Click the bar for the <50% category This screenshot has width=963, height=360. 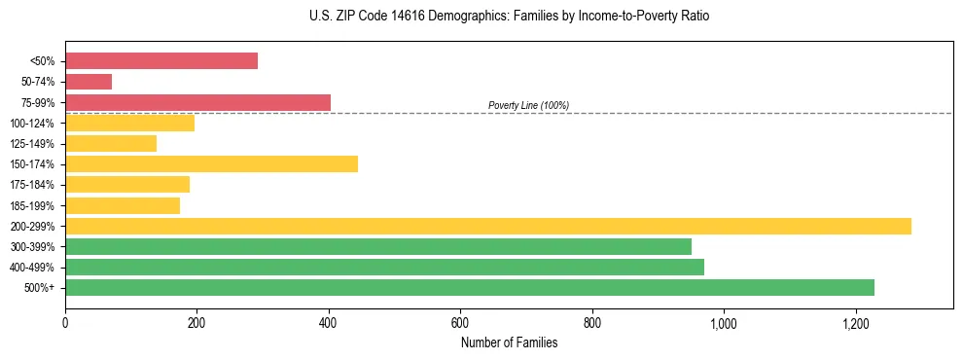point(161,61)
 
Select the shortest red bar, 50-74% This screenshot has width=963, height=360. point(89,82)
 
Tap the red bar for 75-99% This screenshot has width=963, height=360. point(197,102)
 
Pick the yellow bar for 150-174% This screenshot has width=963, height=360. point(211,163)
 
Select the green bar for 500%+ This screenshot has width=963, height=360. point(470,287)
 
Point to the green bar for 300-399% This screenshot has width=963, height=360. point(378,246)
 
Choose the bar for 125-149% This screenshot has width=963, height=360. point(111,143)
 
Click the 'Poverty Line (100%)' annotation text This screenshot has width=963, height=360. point(528,105)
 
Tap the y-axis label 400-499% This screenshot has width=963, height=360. point(33,268)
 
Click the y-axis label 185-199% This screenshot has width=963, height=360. point(33,206)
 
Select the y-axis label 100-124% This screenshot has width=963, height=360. point(33,124)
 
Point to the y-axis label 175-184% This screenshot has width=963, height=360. point(33,185)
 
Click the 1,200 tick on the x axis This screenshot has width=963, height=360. point(855,322)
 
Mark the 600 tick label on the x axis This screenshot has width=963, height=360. point(460,322)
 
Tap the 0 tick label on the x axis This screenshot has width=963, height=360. point(65,322)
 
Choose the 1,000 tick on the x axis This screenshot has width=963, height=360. point(724,322)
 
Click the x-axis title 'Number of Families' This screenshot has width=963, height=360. point(509,342)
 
